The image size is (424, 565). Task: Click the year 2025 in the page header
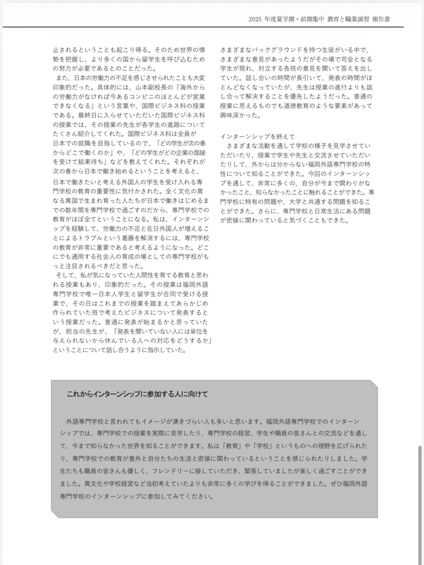tap(255, 19)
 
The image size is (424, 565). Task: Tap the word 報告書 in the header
tap(381, 19)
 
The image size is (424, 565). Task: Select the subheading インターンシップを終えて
tap(257, 136)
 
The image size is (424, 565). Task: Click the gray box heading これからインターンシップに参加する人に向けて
tap(137, 394)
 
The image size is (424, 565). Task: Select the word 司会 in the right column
tap(340, 59)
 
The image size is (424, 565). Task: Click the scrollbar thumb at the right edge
tap(420, 503)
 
